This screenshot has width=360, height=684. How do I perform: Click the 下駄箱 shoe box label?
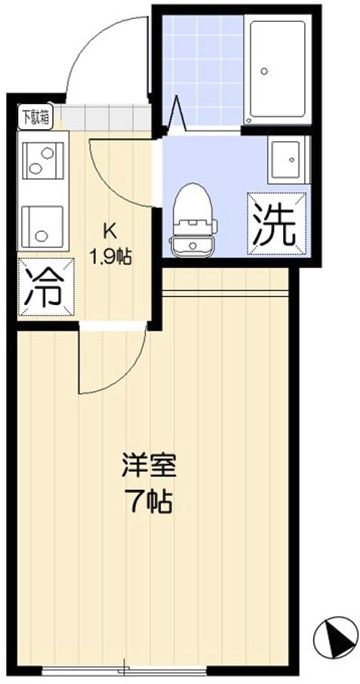(x=35, y=116)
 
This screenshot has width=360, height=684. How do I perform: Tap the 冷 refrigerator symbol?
(x=46, y=287)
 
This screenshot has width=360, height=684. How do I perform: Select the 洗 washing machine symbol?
(x=277, y=223)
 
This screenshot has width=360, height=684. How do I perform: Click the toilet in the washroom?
(x=194, y=220)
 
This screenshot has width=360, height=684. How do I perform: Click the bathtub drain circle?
(x=264, y=71)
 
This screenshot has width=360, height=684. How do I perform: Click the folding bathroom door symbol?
(x=177, y=112)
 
